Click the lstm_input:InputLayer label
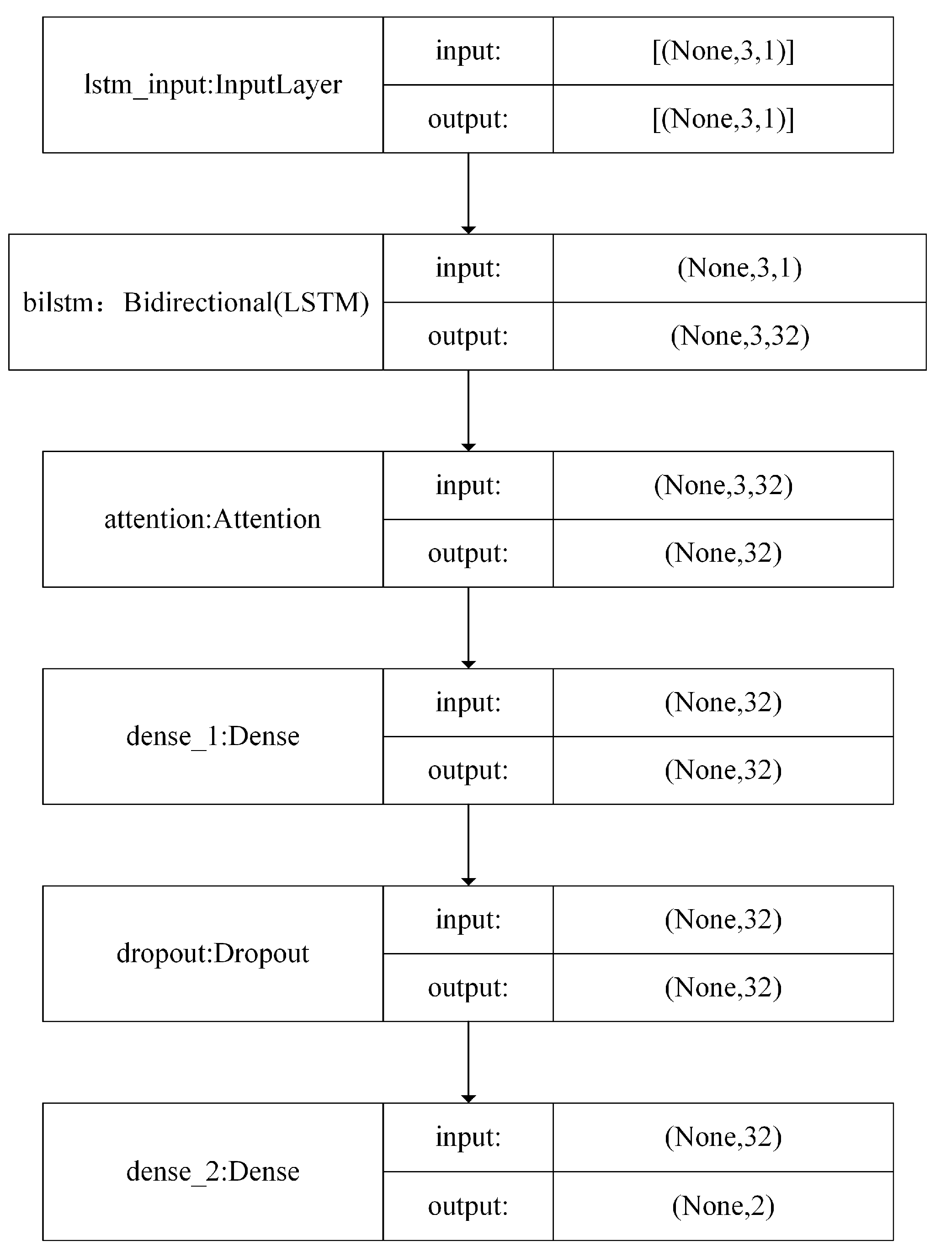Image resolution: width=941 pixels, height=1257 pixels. (x=213, y=85)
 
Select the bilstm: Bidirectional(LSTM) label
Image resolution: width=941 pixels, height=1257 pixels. (x=196, y=302)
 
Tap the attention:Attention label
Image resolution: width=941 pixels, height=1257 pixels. (x=213, y=519)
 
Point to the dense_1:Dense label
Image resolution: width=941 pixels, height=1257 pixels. (x=213, y=736)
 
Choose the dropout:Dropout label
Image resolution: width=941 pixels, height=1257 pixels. (x=213, y=953)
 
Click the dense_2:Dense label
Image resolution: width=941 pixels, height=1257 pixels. (x=213, y=1172)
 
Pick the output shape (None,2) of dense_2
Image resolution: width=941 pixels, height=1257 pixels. (x=723, y=1205)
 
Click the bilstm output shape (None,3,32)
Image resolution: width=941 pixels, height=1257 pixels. (x=739, y=336)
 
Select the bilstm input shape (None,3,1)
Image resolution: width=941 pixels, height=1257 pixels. (x=739, y=268)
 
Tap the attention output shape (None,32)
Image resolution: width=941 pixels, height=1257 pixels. (x=723, y=553)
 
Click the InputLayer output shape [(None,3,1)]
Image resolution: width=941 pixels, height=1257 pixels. (x=723, y=119)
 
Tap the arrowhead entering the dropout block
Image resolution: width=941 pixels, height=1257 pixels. (x=468, y=881)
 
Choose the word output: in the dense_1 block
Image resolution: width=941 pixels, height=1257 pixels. (x=468, y=771)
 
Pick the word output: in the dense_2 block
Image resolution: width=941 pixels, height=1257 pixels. (x=468, y=1206)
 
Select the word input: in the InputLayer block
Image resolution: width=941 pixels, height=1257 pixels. (x=468, y=51)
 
